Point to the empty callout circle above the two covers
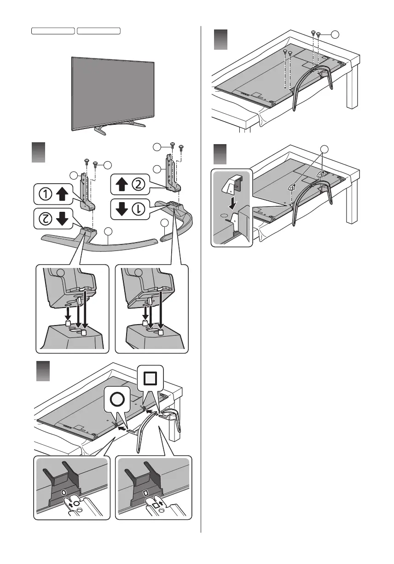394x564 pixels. click(325, 148)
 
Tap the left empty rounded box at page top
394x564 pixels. click(53, 30)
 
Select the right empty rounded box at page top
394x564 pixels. click(98, 30)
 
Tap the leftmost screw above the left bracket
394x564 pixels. click(86, 161)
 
